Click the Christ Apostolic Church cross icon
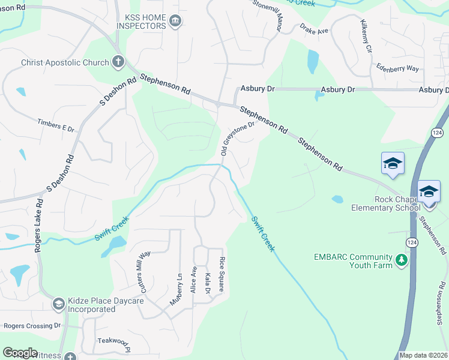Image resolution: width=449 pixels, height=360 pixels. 118,62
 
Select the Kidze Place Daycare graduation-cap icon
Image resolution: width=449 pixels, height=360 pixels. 58,304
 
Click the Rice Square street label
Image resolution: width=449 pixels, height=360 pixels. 221,274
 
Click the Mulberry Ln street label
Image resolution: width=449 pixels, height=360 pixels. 175,289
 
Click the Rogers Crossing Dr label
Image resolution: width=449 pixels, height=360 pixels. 32,326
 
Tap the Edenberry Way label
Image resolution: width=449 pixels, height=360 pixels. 397,68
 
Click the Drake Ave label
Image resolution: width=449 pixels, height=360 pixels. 314,30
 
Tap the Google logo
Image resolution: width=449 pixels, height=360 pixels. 20,353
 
